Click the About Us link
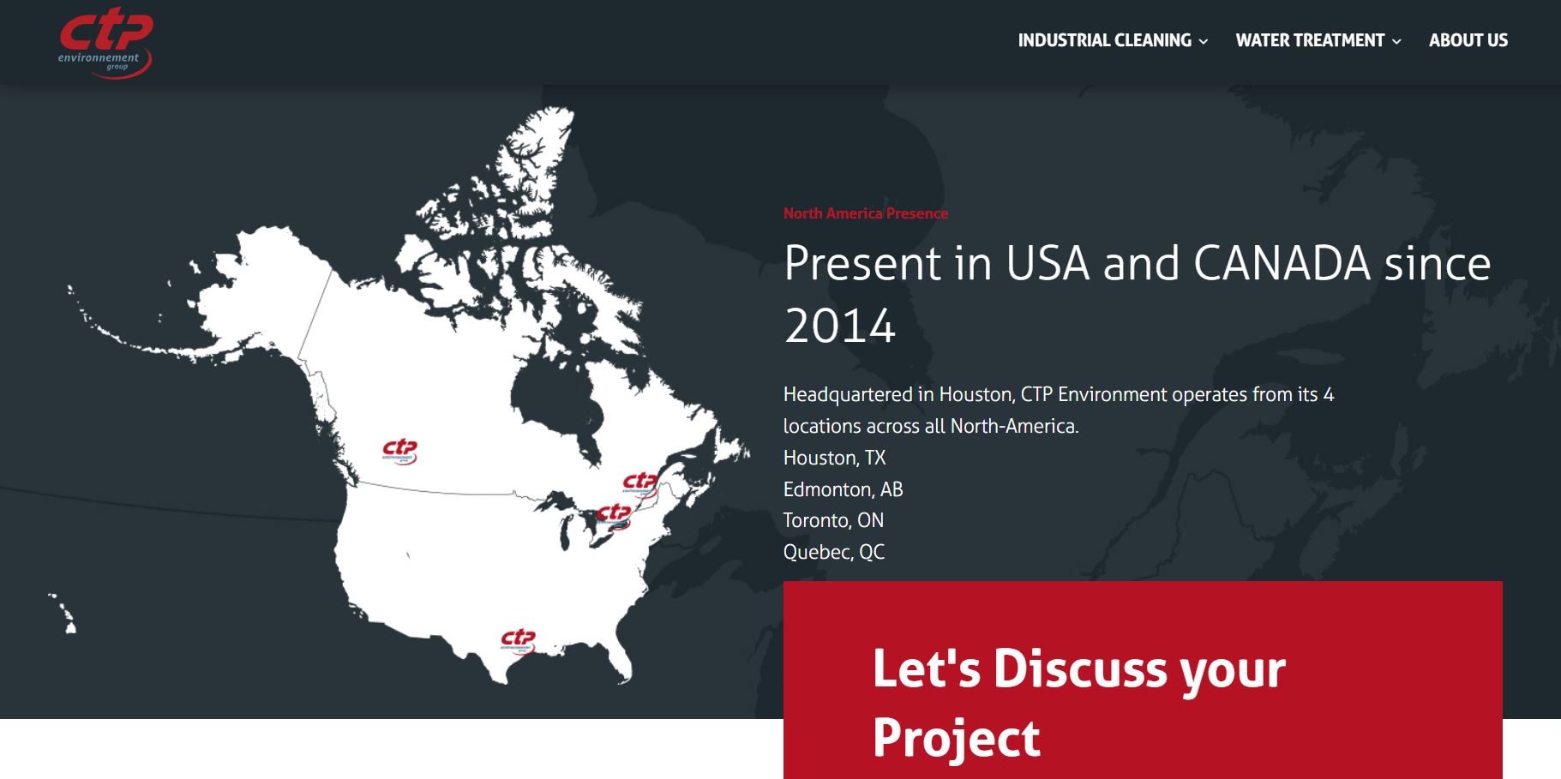coord(1468,40)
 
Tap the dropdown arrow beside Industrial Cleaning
coord(1204,41)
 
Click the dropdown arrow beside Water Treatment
coord(1396,41)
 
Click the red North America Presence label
coord(866,213)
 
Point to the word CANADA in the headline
coord(1282,263)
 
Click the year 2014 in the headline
coord(840,327)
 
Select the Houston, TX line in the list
coord(834,458)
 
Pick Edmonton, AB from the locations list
coord(843,489)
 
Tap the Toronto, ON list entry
coord(833,520)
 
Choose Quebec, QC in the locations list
coord(833,552)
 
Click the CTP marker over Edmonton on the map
coord(399,452)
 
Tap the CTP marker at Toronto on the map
coord(614,516)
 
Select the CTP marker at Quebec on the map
coord(640,484)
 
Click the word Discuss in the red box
coord(1079,668)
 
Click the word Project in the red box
coord(956,739)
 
